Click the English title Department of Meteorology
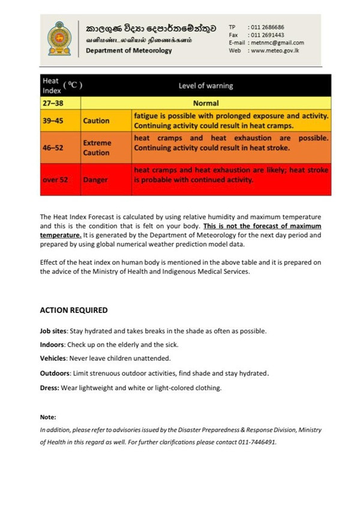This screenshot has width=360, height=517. coord(128,50)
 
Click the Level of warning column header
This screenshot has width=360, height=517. coord(206,86)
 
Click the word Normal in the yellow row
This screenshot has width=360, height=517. coord(206,103)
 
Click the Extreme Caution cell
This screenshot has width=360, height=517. coord(97,148)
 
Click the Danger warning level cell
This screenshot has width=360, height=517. coord(95,180)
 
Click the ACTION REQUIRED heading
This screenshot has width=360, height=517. coord(74,310)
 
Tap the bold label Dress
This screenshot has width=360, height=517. coord(49,387)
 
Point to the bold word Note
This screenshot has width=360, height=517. coord(48,417)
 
